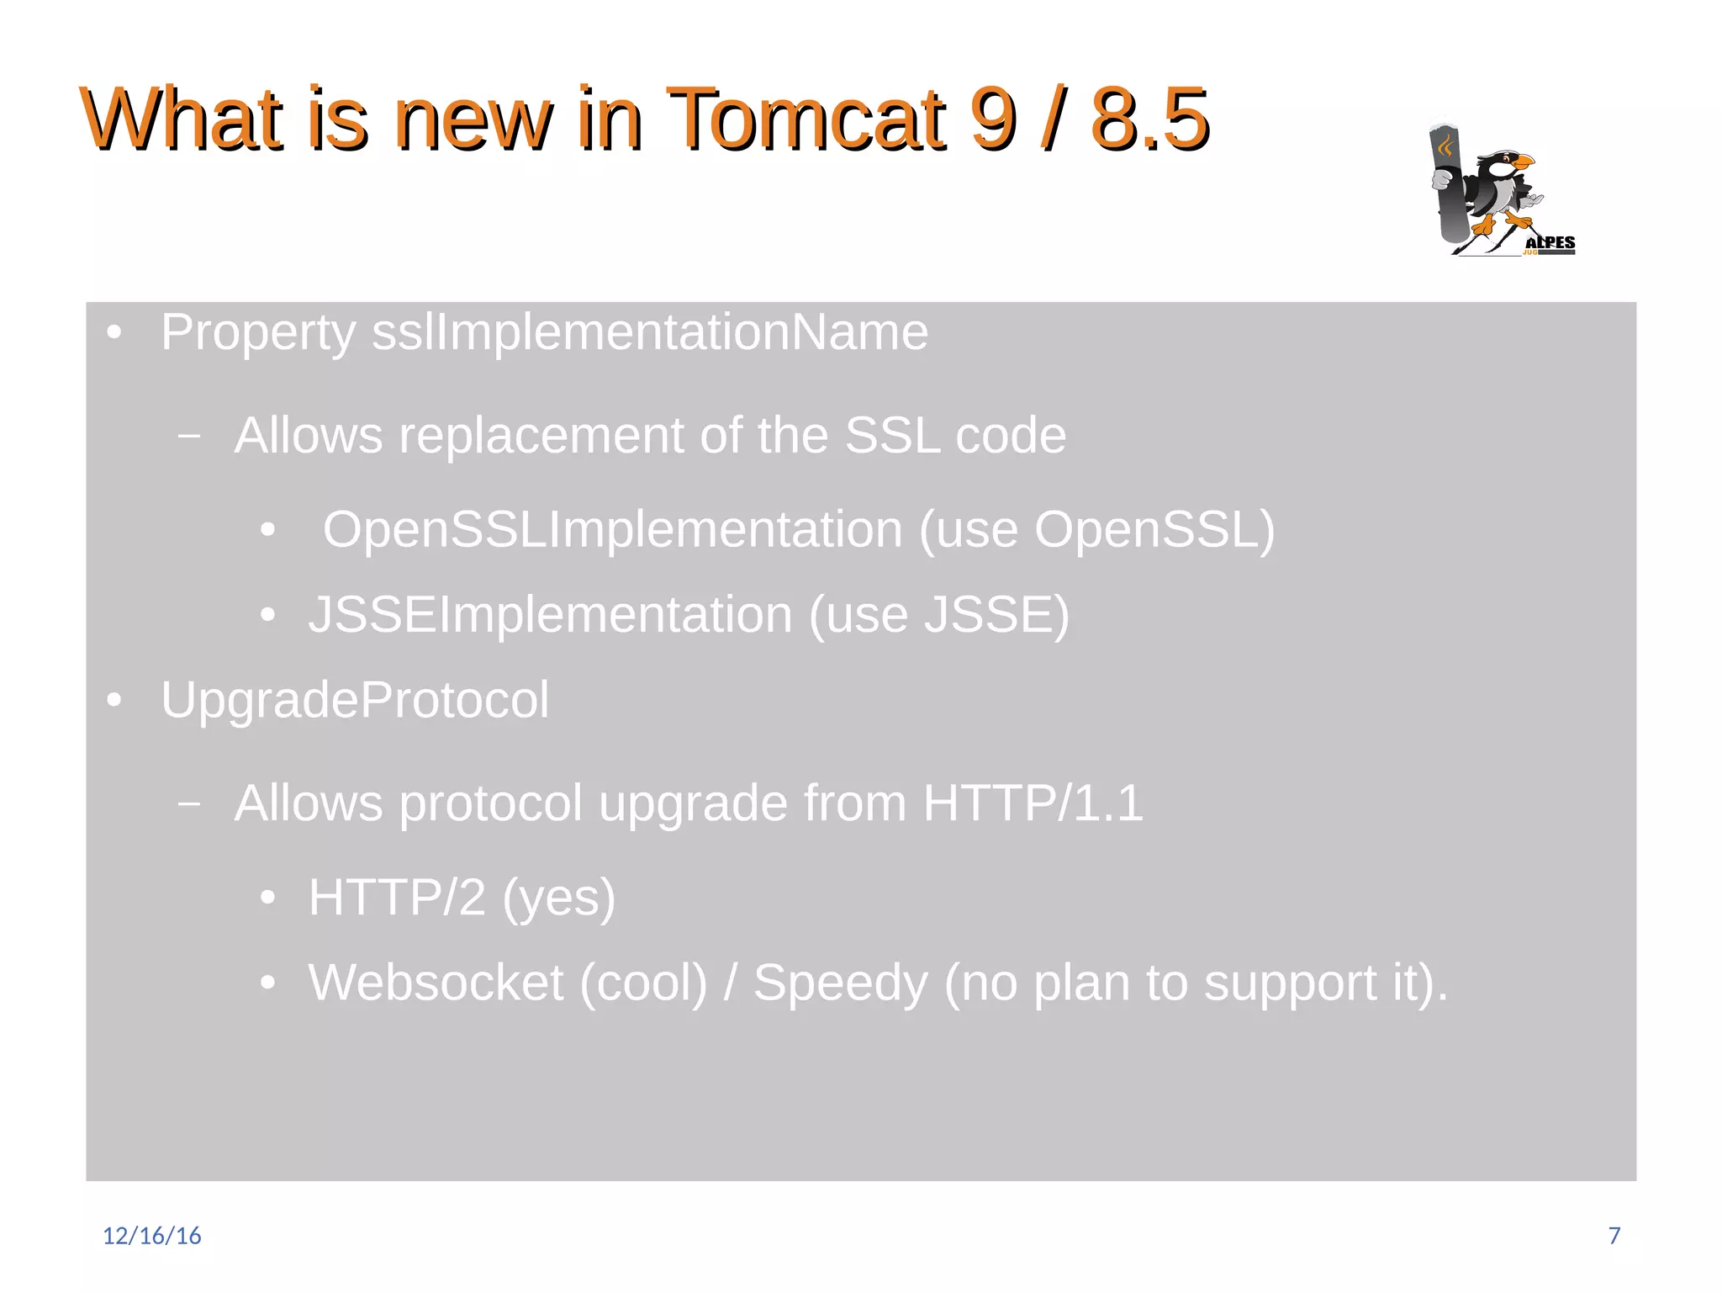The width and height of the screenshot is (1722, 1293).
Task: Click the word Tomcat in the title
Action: pyautogui.click(x=807, y=119)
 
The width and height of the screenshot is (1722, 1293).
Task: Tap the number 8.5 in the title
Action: pyautogui.click(x=1149, y=119)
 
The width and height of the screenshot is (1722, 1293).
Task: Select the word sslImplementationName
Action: pyautogui.click(x=650, y=332)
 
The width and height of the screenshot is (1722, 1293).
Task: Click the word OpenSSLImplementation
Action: pyautogui.click(x=611, y=530)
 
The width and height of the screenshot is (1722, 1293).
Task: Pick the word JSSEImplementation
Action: pyautogui.click(x=550, y=615)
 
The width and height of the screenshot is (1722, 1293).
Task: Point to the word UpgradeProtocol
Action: pyautogui.click(x=354, y=700)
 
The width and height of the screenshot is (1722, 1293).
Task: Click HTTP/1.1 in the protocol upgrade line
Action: pyautogui.click(x=1033, y=803)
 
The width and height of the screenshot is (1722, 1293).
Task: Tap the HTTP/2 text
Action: pyautogui.click(x=397, y=898)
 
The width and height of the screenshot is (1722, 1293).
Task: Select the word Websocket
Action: pyautogui.click(x=436, y=983)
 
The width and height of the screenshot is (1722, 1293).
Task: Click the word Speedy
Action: pyautogui.click(x=840, y=983)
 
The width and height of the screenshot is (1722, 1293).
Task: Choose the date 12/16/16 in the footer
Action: pyautogui.click(x=152, y=1235)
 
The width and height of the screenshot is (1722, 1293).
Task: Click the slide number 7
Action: pyautogui.click(x=1614, y=1235)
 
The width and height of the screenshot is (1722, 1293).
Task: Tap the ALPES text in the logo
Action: pyautogui.click(x=1550, y=243)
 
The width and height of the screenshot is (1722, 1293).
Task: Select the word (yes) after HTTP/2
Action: pyautogui.click(x=558, y=898)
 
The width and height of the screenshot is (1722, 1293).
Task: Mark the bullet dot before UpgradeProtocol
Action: pyautogui.click(x=114, y=700)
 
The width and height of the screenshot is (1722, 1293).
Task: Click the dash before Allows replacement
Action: pyautogui.click(x=189, y=436)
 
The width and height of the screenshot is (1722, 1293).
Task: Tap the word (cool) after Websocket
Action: pyautogui.click(x=643, y=983)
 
